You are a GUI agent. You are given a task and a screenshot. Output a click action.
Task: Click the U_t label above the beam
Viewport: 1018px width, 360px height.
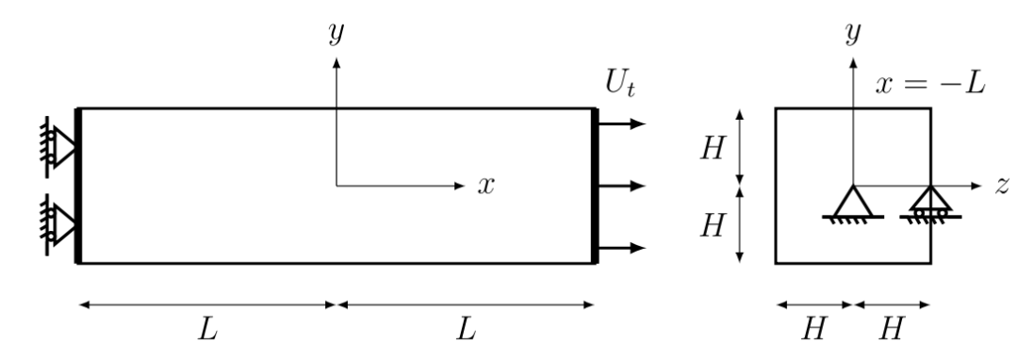click(620, 84)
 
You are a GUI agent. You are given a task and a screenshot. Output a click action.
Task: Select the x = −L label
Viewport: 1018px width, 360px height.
click(930, 84)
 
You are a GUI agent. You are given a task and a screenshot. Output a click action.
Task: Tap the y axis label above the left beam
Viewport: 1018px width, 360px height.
click(336, 32)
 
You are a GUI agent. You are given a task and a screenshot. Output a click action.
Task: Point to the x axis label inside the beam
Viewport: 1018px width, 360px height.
click(486, 187)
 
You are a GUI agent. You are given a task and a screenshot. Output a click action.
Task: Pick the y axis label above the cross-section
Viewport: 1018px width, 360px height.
click(852, 32)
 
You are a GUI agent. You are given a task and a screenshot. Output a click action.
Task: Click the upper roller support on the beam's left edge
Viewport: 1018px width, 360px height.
click(58, 147)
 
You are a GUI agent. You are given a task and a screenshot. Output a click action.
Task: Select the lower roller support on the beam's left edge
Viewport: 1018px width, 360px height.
click(58, 224)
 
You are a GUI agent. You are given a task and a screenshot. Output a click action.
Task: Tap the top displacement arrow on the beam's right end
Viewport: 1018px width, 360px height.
click(621, 123)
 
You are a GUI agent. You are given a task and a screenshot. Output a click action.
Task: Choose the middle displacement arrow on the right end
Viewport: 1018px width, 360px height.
click(621, 187)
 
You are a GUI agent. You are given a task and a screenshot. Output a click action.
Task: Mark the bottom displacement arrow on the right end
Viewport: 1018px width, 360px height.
click(621, 248)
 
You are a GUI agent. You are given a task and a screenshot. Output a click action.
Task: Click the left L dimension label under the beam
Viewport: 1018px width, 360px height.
click(207, 330)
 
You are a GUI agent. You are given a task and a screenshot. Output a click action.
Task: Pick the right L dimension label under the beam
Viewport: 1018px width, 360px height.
click(466, 330)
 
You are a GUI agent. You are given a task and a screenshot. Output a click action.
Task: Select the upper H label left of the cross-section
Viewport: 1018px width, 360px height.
click(713, 149)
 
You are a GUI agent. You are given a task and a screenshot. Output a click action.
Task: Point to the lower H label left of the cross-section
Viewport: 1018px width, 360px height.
click(713, 226)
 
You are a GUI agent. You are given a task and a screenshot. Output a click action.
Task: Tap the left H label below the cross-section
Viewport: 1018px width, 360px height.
click(813, 330)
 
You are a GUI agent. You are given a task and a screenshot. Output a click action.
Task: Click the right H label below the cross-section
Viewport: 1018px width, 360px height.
click(892, 330)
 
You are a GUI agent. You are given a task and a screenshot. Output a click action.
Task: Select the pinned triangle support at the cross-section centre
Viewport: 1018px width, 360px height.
click(852, 204)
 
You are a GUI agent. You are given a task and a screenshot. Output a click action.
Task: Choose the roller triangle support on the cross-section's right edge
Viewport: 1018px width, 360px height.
click(930, 204)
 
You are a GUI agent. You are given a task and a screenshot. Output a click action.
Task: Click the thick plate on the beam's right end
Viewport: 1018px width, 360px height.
click(595, 187)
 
